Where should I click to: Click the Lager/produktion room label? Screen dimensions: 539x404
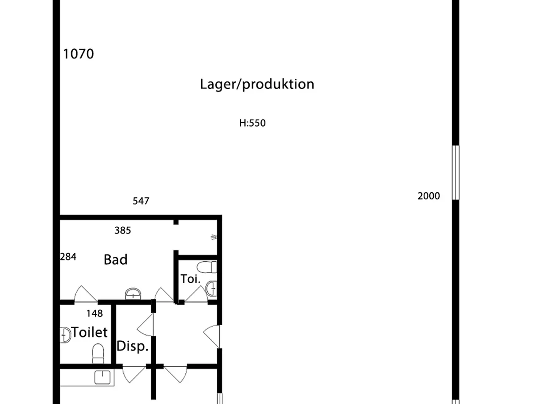(x=257, y=85)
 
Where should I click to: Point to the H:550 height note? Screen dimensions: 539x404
(x=252, y=123)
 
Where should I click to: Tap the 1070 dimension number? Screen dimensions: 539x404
(x=78, y=54)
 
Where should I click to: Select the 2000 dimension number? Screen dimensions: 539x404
(x=429, y=196)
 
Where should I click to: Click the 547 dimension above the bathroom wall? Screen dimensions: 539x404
(x=141, y=201)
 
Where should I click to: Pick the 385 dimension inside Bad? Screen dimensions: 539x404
(x=123, y=230)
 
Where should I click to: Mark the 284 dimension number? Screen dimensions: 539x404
(x=68, y=257)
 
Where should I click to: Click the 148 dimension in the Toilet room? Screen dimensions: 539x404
(x=95, y=313)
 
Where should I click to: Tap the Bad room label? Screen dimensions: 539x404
(x=116, y=260)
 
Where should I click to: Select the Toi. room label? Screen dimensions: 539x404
(x=191, y=279)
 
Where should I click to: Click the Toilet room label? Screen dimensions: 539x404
(x=89, y=332)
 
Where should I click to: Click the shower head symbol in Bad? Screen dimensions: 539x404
(x=214, y=237)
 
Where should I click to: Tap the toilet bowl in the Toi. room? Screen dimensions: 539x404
(x=207, y=267)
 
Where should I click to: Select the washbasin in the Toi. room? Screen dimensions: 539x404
(x=211, y=288)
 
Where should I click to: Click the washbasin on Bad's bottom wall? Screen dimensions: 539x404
(x=133, y=294)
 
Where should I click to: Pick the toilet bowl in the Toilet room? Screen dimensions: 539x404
(x=98, y=353)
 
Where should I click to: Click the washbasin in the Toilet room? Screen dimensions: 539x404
(x=65, y=335)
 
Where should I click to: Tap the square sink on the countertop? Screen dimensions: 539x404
(x=102, y=377)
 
